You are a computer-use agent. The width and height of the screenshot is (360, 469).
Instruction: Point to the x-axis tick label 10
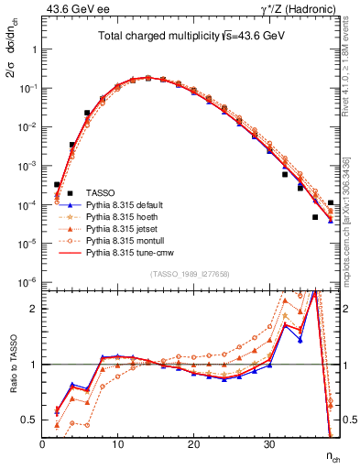(117, 444)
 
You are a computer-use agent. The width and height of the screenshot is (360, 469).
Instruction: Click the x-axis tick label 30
(269, 444)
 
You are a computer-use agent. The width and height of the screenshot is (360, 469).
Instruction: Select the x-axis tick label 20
(193, 444)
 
